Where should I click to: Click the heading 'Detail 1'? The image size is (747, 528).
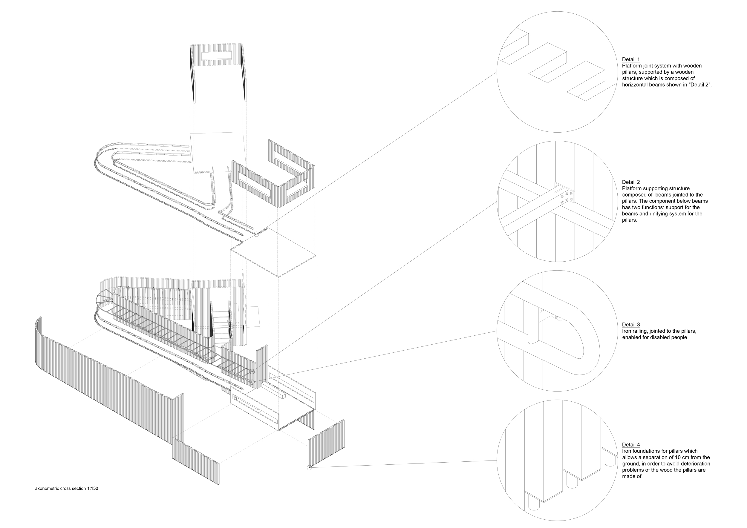pos(630,59)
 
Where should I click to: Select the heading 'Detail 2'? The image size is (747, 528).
pos(630,182)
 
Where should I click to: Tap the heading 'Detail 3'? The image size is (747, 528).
pos(630,324)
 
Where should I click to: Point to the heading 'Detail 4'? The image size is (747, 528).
pos(630,445)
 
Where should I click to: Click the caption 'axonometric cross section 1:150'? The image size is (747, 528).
pos(66,488)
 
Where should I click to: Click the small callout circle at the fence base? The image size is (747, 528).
pos(309,468)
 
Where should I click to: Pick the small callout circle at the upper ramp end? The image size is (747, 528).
pos(256,234)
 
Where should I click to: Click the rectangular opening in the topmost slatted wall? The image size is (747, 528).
pos(216,56)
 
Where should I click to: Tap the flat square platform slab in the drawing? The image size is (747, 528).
pos(273,252)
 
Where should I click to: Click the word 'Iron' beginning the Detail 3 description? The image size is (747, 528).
pos(627,331)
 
